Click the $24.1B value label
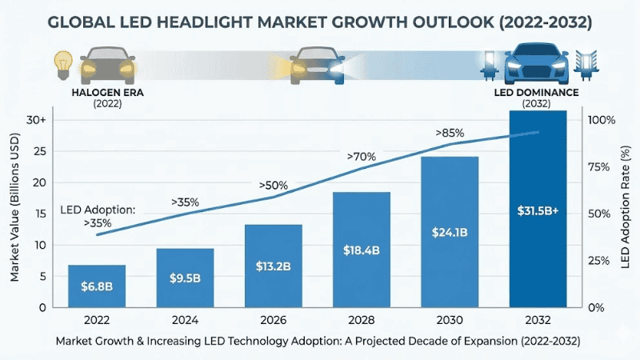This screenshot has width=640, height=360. pyautogui.click(x=449, y=234)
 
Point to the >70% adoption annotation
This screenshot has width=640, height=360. pyautogui.click(x=360, y=157)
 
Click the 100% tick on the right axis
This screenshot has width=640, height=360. pyautogui.click(x=601, y=120)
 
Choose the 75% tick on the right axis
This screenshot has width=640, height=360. pyautogui.click(x=601, y=166)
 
